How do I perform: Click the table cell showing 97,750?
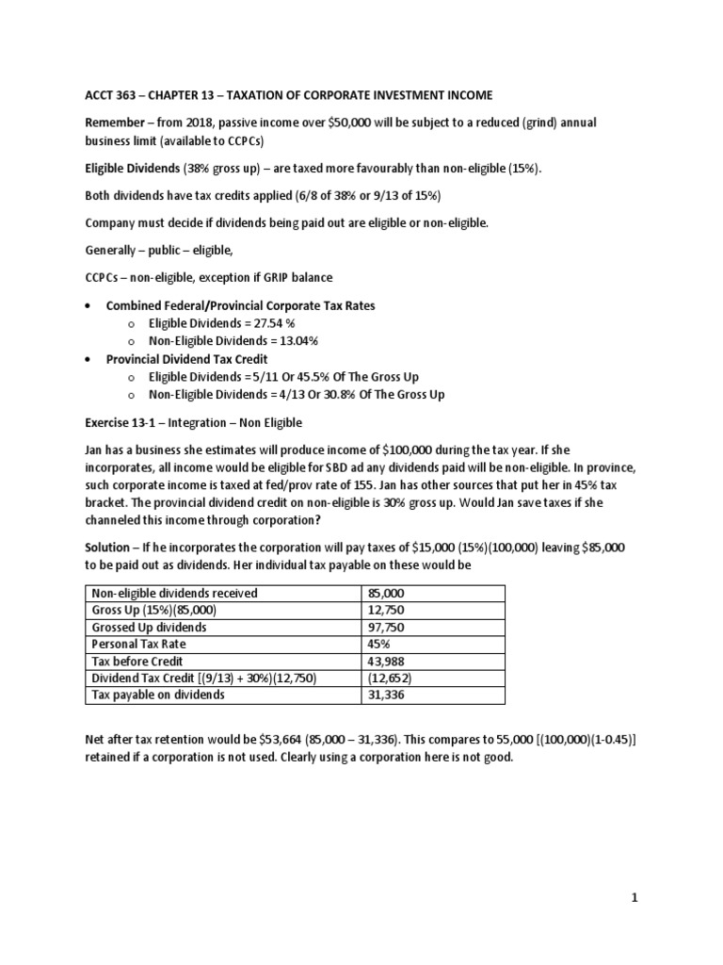click(387, 627)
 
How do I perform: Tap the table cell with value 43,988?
click(387, 661)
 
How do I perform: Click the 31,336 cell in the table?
click(387, 695)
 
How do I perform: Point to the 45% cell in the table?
click(380, 644)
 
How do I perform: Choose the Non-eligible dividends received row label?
click(173, 593)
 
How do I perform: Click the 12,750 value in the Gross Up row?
click(387, 610)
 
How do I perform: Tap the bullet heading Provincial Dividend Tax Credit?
click(186, 358)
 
